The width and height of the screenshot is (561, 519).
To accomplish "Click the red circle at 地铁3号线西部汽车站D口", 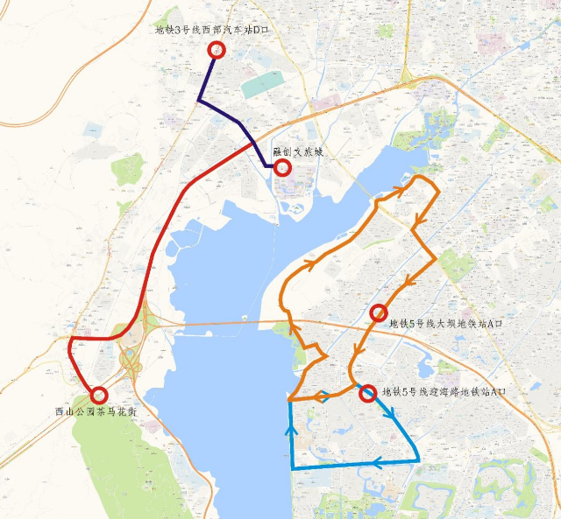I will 217,50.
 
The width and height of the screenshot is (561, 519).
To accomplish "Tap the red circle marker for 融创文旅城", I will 282,167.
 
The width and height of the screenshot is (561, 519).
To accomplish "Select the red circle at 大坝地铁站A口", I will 380,312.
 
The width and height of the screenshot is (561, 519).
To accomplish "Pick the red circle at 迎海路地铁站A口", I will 367,394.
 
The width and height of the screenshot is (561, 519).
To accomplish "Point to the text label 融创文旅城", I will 298,151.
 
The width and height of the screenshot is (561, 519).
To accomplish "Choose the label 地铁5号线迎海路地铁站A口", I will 444,391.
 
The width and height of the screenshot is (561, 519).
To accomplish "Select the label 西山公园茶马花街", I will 96,410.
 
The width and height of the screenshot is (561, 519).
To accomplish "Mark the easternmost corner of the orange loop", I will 436,261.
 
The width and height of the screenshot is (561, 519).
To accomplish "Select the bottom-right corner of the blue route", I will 420,460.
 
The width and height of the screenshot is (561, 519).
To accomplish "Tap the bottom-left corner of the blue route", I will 291,469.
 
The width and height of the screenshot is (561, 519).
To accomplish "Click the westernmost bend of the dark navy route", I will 199,101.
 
